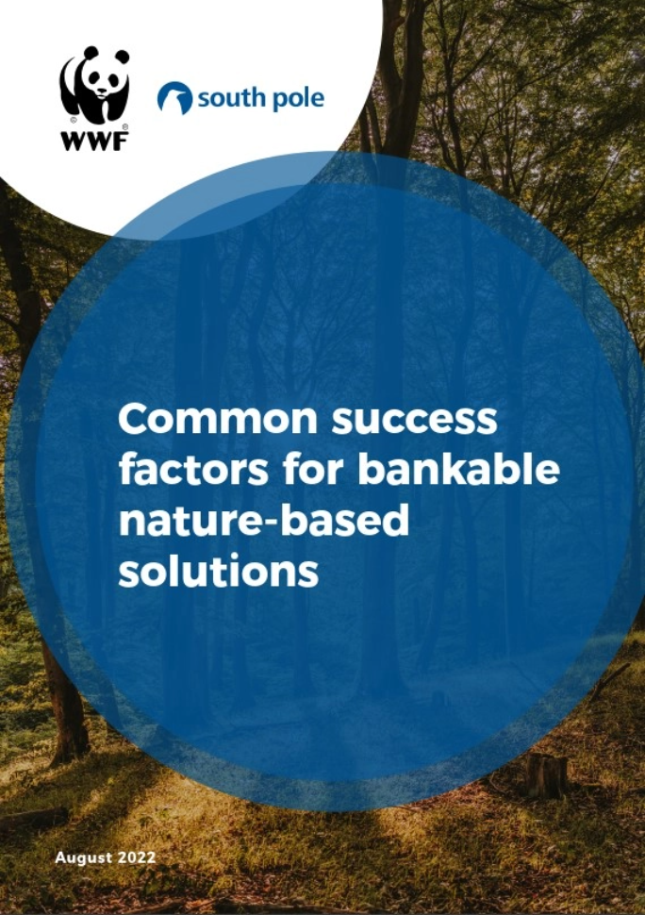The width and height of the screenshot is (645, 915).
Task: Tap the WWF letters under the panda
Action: (x=95, y=141)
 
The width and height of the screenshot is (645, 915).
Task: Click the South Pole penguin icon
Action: (x=174, y=97)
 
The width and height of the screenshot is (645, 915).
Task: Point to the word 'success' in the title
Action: (x=414, y=420)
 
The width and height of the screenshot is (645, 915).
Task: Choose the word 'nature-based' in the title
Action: (x=264, y=521)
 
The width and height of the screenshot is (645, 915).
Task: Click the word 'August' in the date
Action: (x=83, y=857)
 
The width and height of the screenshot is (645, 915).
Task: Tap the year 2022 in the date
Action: (x=137, y=857)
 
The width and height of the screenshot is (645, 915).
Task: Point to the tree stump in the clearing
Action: (x=546, y=775)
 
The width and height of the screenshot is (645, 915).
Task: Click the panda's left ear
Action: (x=91, y=53)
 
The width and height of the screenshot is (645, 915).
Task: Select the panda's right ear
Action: (x=122, y=56)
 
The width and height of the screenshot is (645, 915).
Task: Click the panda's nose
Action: (x=103, y=91)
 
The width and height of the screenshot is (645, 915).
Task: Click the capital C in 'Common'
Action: (x=132, y=419)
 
